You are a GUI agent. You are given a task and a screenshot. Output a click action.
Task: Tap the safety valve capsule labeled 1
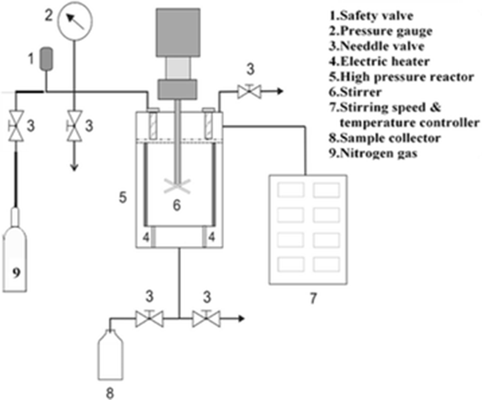tap(47, 58)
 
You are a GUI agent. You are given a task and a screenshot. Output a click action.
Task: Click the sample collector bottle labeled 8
tap(110, 355)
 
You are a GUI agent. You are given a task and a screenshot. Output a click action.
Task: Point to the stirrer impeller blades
tap(177, 185)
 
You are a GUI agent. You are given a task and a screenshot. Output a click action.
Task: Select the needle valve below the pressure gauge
tap(74, 126)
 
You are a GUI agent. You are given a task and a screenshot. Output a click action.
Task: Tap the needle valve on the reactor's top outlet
tap(249, 91)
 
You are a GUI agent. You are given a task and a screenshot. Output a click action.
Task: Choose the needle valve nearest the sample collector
tap(149, 318)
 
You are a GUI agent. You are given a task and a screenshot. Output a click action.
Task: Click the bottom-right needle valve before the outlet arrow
tap(206, 318)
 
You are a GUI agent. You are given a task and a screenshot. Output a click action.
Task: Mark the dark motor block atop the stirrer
tap(178, 33)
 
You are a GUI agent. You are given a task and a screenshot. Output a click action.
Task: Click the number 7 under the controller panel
tap(313, 298)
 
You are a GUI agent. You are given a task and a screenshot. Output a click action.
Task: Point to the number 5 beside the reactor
tap(122, 198)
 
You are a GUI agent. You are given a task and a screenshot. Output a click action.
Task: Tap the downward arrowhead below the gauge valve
tap(74, 167)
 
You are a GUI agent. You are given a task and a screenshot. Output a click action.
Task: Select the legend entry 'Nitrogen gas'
tap(373, 153)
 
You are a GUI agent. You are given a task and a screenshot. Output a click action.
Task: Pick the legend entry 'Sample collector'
tap(385, 138)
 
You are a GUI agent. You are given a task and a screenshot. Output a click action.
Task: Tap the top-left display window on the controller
tap(290, 190)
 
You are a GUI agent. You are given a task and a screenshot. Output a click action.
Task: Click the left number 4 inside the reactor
tap(146, 237)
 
